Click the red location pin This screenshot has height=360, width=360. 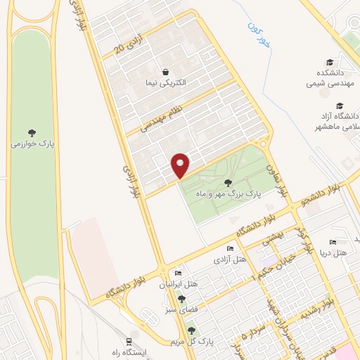pos(181,165)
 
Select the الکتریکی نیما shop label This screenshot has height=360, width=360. pos(164,84)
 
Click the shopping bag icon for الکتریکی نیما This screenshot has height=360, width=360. pos(165,72)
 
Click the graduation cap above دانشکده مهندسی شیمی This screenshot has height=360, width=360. pos(328,62)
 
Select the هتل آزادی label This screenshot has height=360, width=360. pos(233,261)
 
